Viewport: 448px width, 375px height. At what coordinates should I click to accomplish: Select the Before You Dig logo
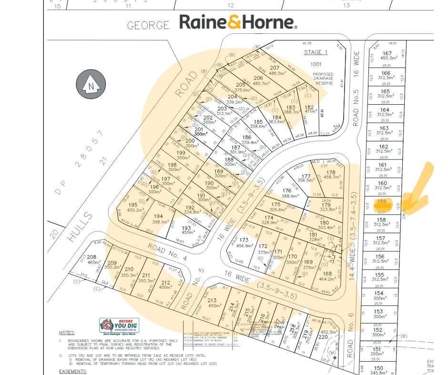(x=119, y=325)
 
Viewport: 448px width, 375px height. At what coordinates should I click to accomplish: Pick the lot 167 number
(x=386, y=53)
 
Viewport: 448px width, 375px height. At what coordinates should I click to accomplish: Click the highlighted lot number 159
(x=381, y=201)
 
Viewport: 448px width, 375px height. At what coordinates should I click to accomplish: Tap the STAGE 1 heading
(x=316, y=52)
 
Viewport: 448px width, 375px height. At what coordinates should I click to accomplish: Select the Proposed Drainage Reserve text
(x=323, y=79)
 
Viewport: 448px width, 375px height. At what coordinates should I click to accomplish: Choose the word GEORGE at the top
(x=148, y=25)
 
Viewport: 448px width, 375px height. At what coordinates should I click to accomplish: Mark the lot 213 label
(x=212, y=300)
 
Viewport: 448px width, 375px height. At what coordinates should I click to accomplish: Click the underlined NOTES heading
(x=66, y=333)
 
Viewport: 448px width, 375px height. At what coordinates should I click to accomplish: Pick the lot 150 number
(x=378, y=368)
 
